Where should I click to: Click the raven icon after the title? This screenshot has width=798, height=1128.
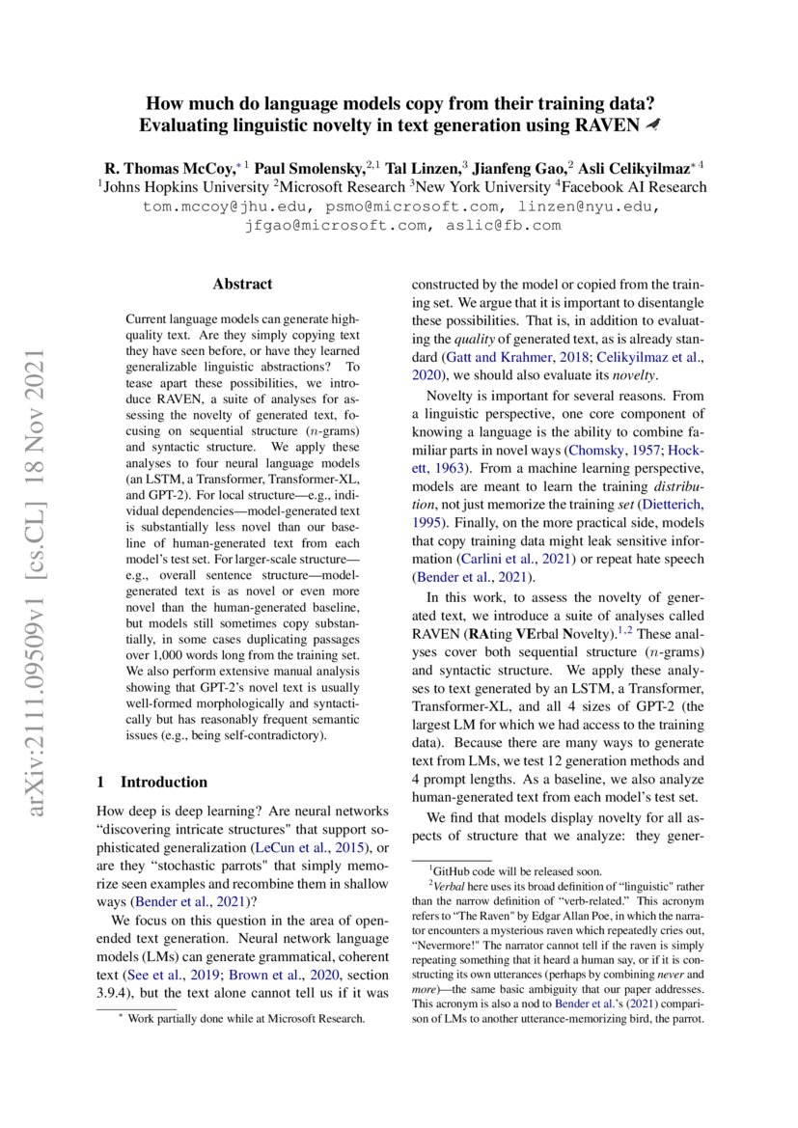click(x=654, y=124)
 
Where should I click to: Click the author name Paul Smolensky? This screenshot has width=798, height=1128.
click(x=302, y=165)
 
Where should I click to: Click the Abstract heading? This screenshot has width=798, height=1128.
click(x=242, y=284)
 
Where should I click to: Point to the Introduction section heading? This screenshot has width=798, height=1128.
click(x=153, y=782)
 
